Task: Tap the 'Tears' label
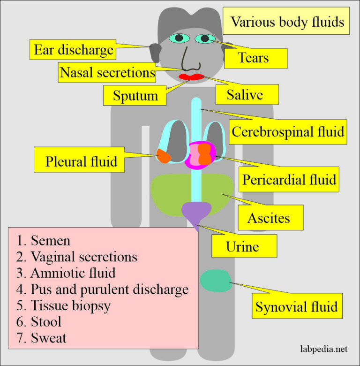click(x=253, y=58)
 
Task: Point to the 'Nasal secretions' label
click(x=107, y=73)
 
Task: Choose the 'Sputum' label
click(x=135, y=95)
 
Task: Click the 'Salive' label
click(x=245, y=95)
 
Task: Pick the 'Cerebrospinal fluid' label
click(x=288, y=131)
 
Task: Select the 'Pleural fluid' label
click(x=81, y=162)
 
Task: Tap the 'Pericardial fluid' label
click(x=288, y=179)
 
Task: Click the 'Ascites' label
click(x=269, y=218)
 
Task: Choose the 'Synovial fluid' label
click(x=296, y=307)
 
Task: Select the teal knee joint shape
click(x=215, y=281)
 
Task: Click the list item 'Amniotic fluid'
click(x=73, y=273)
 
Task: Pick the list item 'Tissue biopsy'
click(x=70, y=305)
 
